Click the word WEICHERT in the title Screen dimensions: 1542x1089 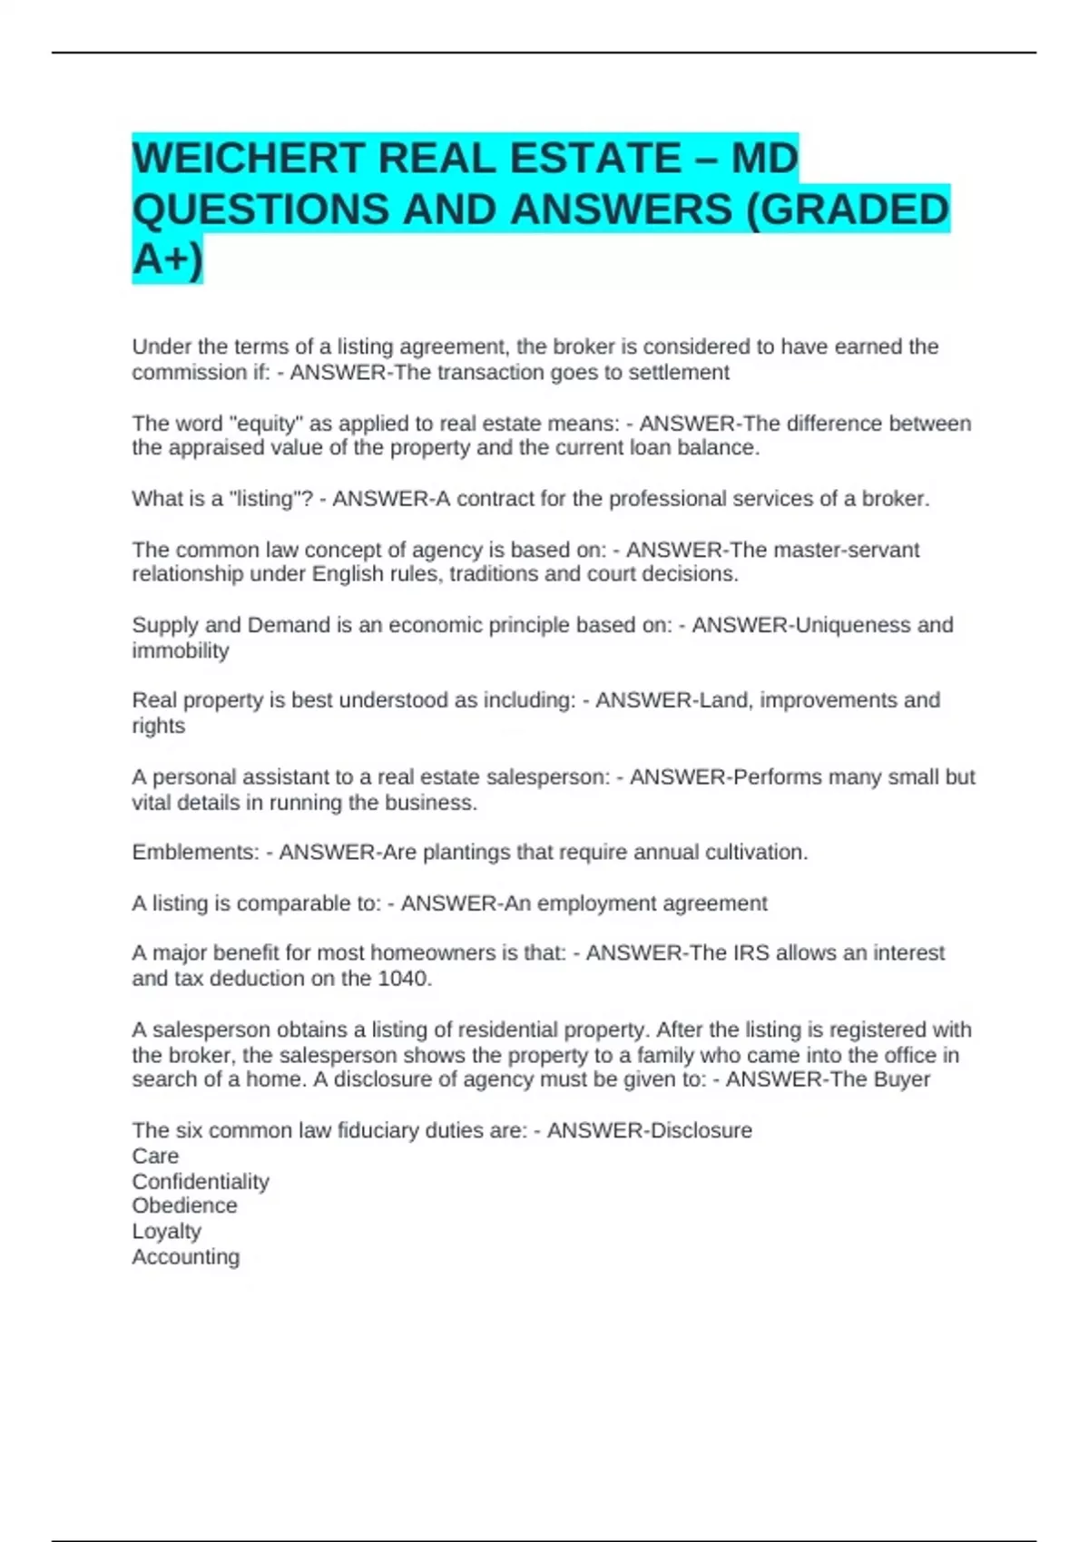248,159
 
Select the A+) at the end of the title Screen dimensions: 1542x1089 167,259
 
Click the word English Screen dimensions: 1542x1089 348,574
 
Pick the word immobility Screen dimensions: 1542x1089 181,650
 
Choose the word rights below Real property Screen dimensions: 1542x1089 158,726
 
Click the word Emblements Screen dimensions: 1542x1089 194,853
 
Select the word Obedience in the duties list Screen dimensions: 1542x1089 184,1205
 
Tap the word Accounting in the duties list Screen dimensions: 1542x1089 186,1256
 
